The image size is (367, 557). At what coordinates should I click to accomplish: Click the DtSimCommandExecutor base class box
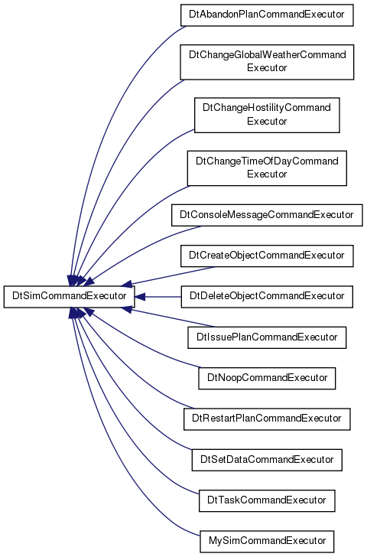pyautogui.click(x=70, y=296)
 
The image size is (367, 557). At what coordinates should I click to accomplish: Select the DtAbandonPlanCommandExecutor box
pyautogui.click(x=267, y=15)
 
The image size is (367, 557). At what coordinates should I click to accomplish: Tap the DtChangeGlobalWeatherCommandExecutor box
pyautogui.click(x=267, y=62)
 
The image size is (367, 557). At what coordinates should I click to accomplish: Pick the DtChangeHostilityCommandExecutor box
pyautogui.click(x=267, y=115)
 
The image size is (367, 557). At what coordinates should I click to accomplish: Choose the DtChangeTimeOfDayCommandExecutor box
pyautogui.click(x=267, y=168)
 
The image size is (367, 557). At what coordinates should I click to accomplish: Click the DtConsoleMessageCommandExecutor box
pyautogui.click(x=267, y=215)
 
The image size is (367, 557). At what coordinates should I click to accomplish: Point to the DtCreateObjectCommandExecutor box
pyautogui.click(x=267, y=256)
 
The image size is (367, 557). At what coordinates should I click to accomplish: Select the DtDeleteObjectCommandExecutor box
pyautogui.click(x=267, y=297)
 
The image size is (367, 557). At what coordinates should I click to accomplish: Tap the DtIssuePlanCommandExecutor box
pyautogui.click(x=267, y=337)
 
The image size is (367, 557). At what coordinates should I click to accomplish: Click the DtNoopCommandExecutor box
pyautogui.click(x=267, y=378)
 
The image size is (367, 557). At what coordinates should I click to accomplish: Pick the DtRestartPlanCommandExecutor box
pyautogui.click(x=267, y=419)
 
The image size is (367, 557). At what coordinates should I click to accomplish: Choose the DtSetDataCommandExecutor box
pyautogui.click(x=267, y=460)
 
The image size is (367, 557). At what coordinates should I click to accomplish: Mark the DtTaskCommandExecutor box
pyautogui.click(x=267, y=501)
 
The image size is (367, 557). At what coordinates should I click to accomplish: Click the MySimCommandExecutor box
pyautogui.click(x=267, y=542)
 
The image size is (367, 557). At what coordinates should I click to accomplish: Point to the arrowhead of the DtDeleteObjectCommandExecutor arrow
pyautogui.click(x=140, y=297)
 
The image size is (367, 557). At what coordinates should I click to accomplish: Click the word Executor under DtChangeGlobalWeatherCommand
pyautogui.click(x=267, y=68)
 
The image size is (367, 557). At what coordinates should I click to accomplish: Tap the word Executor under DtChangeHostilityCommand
pyautogui.click(x=267, y=122)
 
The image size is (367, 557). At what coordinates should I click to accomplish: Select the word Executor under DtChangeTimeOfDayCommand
pyautogui.click(x=267, y=174)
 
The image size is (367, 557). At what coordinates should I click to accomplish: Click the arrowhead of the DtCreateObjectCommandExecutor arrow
pyautogui.click(x=126, y=283)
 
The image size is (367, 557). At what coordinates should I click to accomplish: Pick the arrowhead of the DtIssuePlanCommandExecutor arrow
pyautogui.click(x=126, y=309)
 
